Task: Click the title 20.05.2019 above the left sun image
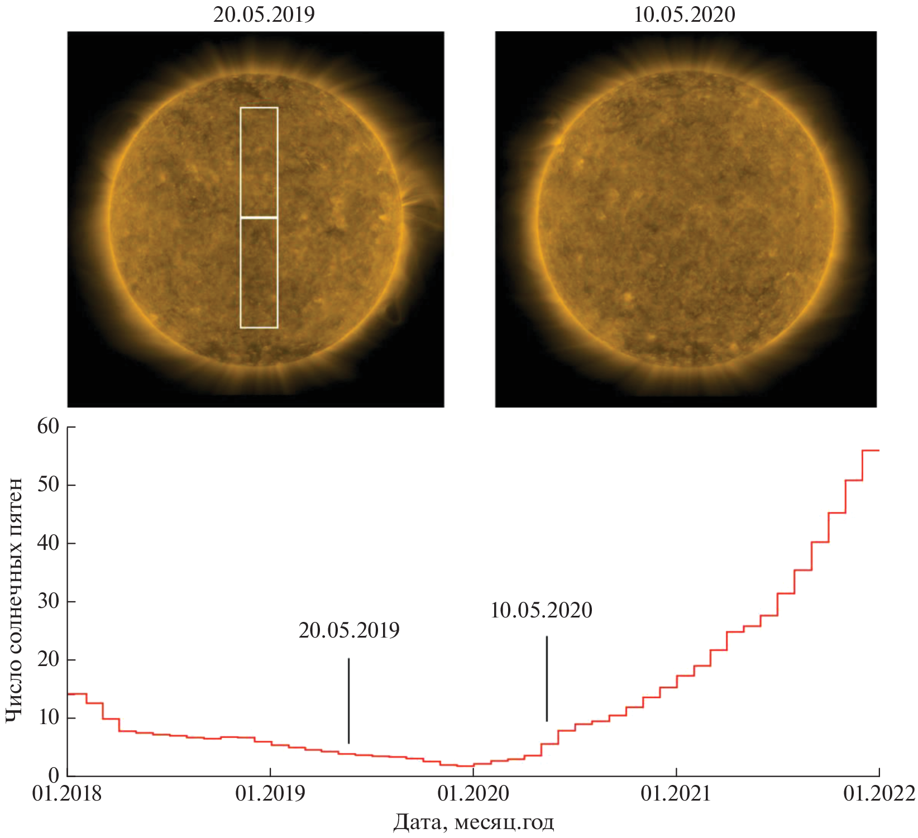pyautogui.click(x=264, y=14)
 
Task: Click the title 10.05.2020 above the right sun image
pyautogui.click(x=685, y=14)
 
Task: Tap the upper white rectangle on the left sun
pyautogui.click(x=259, y=161)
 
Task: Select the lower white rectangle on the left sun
pyautogui.click(x=259, y=272)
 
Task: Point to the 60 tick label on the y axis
pyautogui.click(x=48, y=427)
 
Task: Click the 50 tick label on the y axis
pyautogui.click(x=48, y=485)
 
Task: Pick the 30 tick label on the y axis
pyautogui.click(x=48, y=601)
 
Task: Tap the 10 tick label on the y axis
pyautogui.click(x=48, y=717)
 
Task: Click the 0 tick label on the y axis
pyautogui.click(x=54, y=775)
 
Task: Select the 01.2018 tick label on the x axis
pyautogui.click(x=67, y=793)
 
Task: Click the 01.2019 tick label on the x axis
pyautogui.click(x=270, y=793)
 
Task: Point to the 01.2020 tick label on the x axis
pyautogui.click(x=474, y=793)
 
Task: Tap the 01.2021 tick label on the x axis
pyautogui.click(x=676, y=793)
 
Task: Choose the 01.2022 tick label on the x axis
pyautogui.click(x=879, y=793)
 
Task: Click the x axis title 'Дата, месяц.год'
pyautogui.click(x=474, y=822)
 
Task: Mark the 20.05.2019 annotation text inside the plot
pyautogui.click(x=349, y=630)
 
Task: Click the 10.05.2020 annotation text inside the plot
pyautogui.click(x=541, y=610)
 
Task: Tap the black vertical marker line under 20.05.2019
pyautogui.click(x=348, y=701)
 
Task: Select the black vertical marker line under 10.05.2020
pyautogui.click(x=547, y=678)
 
